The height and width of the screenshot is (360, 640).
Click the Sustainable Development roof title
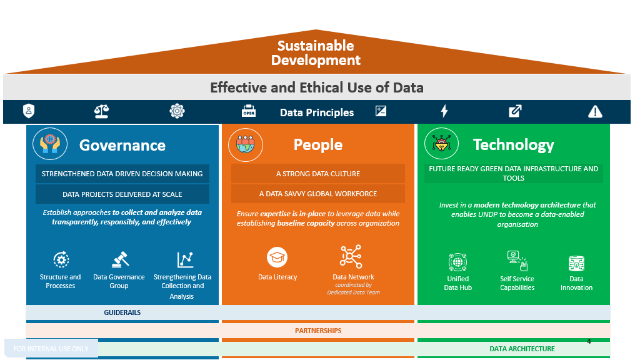[316, 53]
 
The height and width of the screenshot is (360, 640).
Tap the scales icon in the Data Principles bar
[101, 111]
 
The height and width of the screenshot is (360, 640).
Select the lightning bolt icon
[444, 111]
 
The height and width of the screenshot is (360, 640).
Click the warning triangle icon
[595, 112]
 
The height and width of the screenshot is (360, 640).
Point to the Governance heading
[122, 145]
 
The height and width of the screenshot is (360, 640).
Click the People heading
[318, 144]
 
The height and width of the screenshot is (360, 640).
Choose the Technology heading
[513, 144]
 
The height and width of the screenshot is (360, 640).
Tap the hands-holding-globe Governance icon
[49, 144]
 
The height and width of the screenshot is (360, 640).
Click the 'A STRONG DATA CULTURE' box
[318, 174]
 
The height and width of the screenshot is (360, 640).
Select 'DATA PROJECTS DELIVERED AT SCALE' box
[122, 194]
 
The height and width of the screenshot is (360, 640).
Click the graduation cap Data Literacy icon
[277, 257]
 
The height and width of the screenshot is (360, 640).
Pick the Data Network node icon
[351, 257]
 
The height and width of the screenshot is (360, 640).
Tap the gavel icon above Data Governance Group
[119, 259]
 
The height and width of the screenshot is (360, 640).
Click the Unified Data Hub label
[458, 283]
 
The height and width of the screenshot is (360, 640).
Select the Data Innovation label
[576, 283]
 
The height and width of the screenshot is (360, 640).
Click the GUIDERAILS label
[122, 312]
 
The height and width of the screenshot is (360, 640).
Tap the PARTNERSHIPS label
[318, 330]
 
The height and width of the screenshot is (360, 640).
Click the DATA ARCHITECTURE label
[522, 349]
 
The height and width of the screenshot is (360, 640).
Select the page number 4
[589, 342]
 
